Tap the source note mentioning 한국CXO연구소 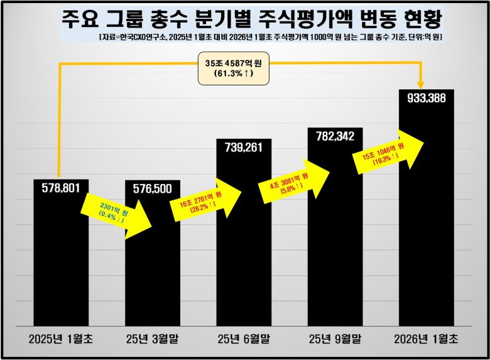click(271, 38)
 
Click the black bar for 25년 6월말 click(244, 251)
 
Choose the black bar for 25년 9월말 click(335, 251)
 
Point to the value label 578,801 click(61, 187)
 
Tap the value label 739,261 click(244, 147)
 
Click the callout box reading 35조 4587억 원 click(224, 68)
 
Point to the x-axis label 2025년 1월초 click(60, 339)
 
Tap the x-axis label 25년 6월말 click(244, 339)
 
